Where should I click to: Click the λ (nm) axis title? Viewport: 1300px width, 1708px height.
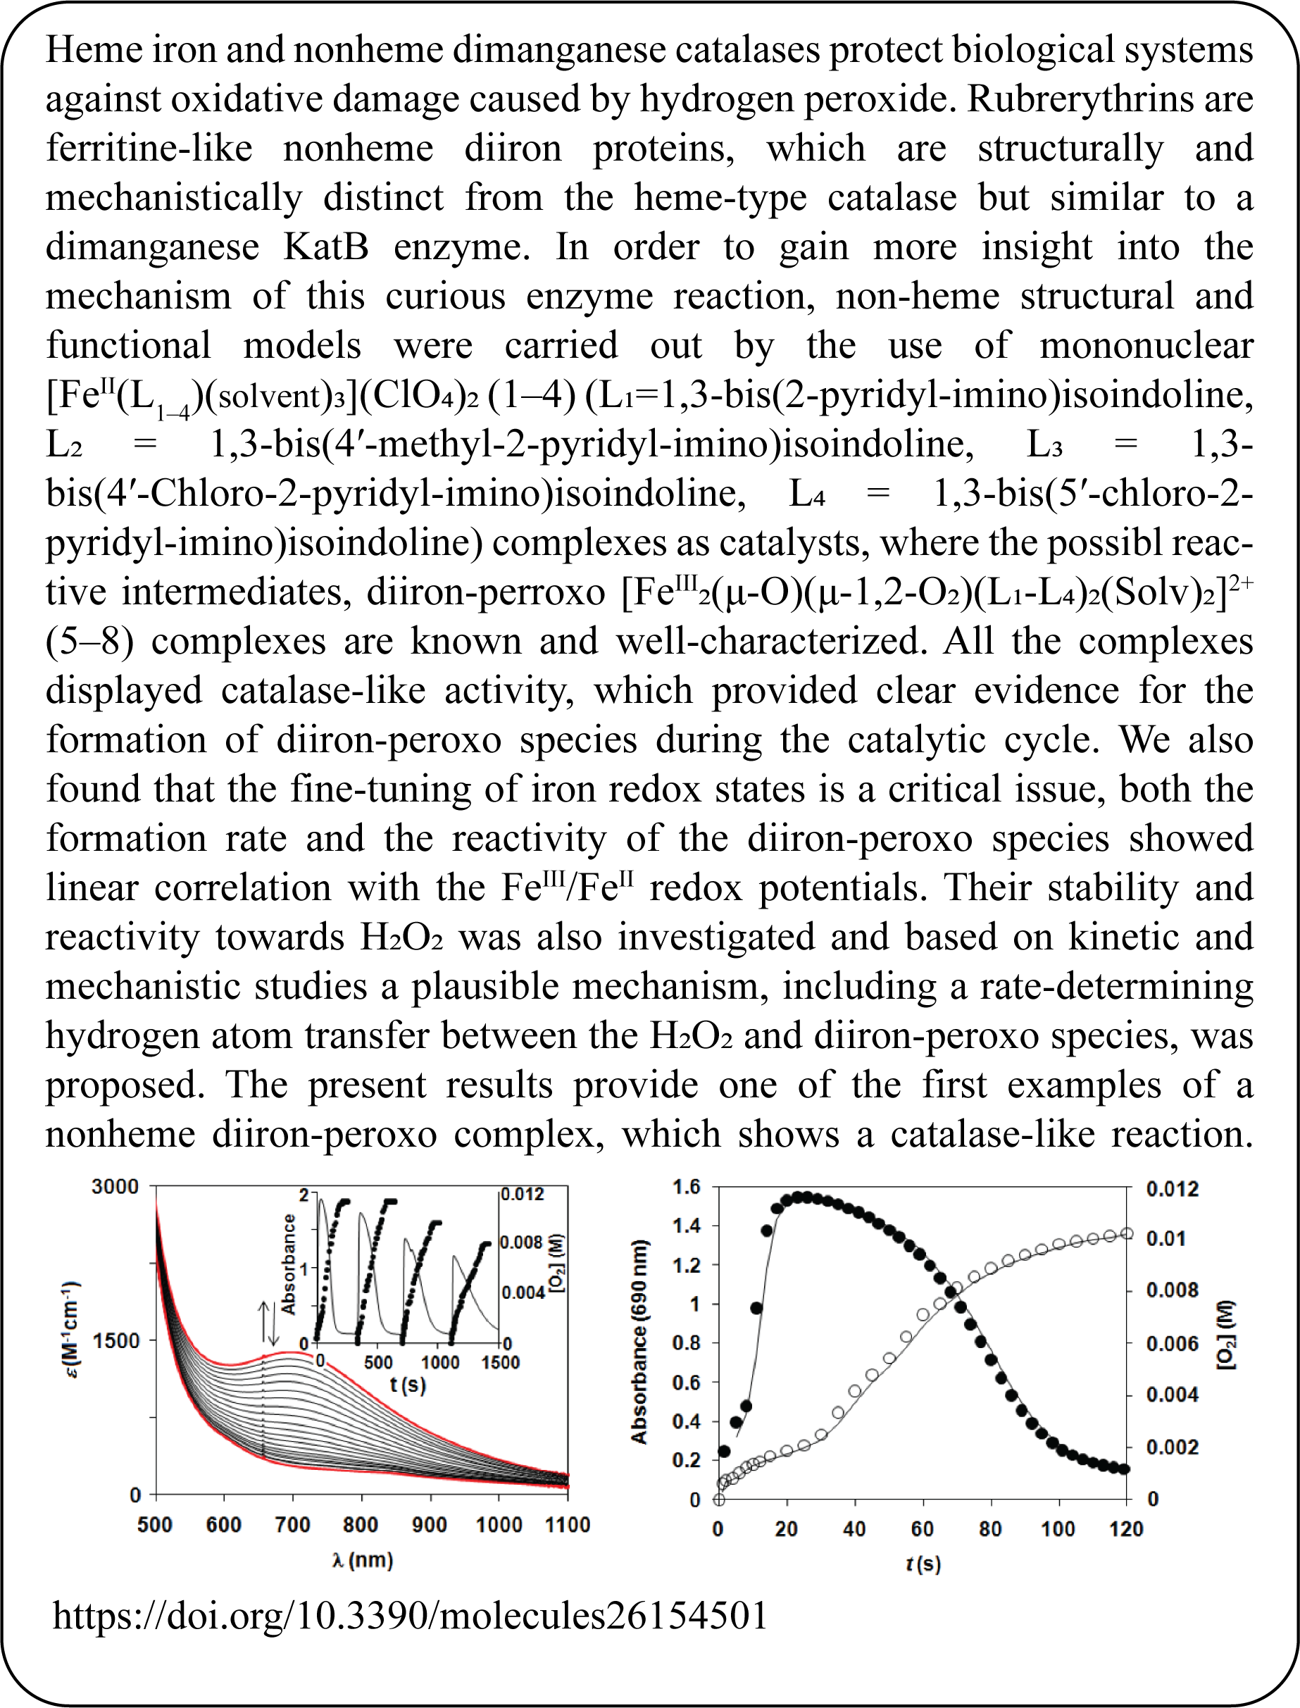[362, 1560]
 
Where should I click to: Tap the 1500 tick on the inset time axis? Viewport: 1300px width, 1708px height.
[499, 1362]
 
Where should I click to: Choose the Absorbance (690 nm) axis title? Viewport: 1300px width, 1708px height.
[639, 1343]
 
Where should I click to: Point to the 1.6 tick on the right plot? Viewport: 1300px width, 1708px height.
[686, 1186]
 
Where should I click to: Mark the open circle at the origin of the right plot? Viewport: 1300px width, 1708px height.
[719, 1500]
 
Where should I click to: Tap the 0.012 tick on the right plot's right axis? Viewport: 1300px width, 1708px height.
[1173, 1189]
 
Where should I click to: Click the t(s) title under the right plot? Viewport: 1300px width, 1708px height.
[923, 1564]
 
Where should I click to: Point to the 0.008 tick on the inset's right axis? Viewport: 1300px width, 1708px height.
[523, 1243]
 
